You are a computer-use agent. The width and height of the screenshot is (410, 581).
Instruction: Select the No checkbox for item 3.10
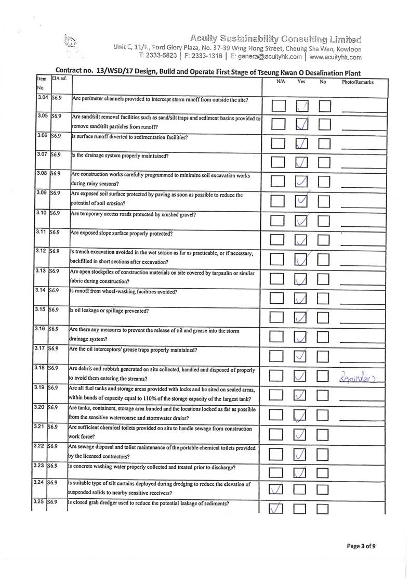[x=324, y=221]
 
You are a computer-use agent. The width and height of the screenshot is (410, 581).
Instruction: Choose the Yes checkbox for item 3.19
[x=301, y=395]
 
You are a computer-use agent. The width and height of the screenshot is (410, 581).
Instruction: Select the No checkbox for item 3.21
[x=324, y=434]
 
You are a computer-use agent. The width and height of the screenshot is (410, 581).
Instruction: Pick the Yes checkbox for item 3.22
[x=301, y=454]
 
